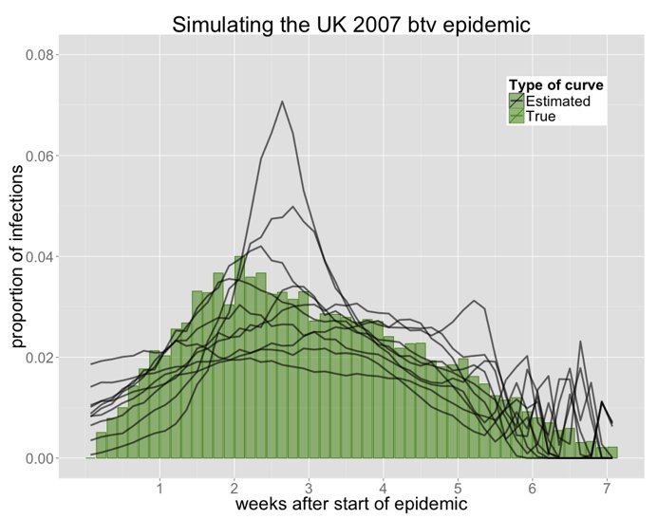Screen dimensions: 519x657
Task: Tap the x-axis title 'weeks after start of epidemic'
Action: (x=351, y=504)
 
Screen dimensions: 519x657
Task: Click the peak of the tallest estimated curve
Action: (x=282, y=101)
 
